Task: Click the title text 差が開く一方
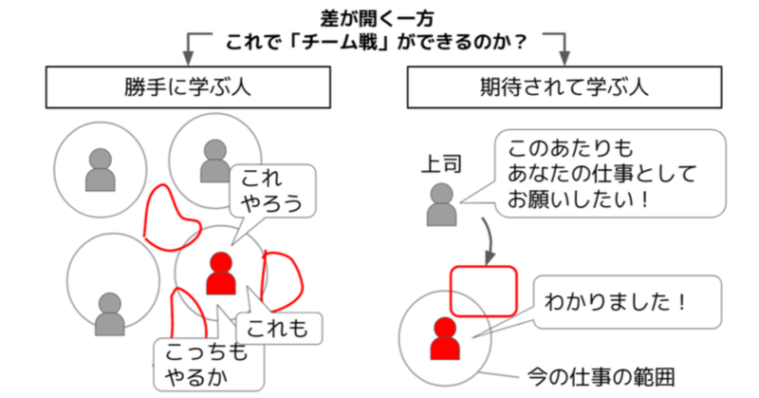[x=377, y=18]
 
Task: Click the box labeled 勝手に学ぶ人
[x=188, y=87]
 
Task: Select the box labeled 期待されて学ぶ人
[x=564, y=87]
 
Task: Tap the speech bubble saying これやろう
[x=272, y=191]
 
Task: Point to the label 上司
[x=441, y=164]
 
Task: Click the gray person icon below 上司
[x=441, y=204]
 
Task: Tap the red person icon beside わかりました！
[x=445, y=338]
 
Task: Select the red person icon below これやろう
[x=221, y=273]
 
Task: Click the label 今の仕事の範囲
[x=601, y=377]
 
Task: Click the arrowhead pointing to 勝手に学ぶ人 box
[x=188, y=58]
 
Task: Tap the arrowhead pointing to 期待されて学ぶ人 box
[x=565, y=58]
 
